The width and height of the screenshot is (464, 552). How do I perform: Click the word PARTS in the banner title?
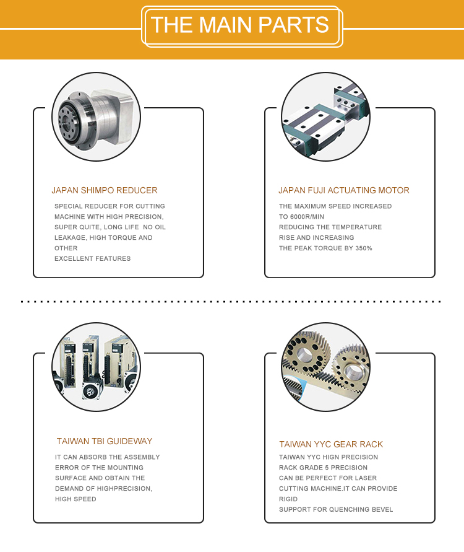(293, 25)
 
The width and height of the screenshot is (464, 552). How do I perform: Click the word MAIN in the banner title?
(225, 25)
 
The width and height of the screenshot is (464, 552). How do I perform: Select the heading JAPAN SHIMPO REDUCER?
(105, 190)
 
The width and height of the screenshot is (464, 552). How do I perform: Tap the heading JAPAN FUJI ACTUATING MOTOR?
(344, 190)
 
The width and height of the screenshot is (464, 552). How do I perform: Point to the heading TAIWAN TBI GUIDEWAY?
(105, 442)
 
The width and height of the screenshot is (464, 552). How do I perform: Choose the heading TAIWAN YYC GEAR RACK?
(331, 445)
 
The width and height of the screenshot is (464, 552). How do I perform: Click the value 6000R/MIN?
(307, 217)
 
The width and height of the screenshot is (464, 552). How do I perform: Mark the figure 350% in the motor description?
(364, 248)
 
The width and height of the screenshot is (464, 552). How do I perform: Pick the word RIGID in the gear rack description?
(288, 499)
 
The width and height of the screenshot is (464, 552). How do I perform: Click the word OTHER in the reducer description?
(66, 248)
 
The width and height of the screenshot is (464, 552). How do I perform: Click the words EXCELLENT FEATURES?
(92, 259)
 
